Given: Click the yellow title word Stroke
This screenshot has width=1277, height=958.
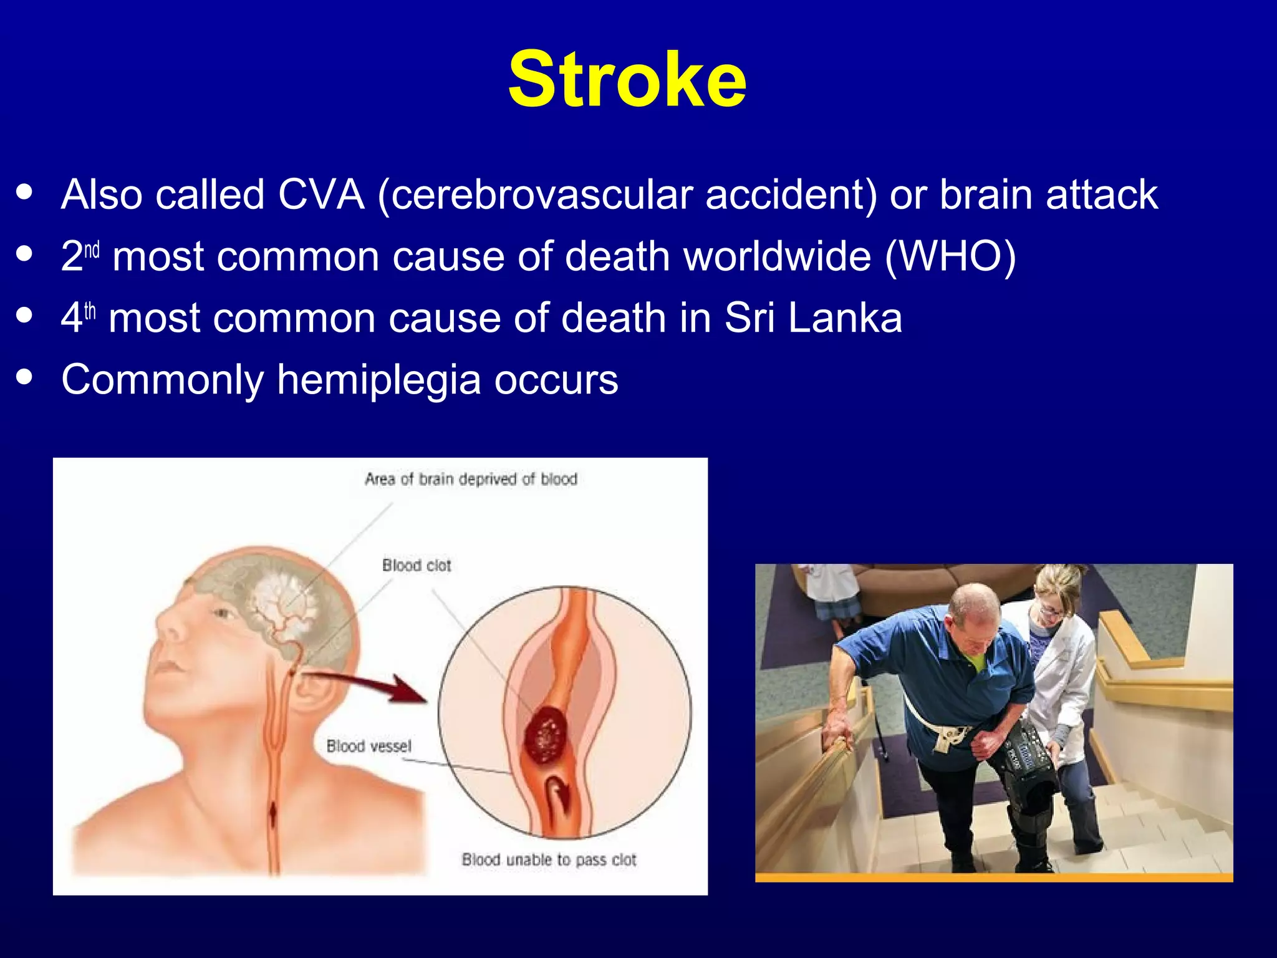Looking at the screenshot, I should click(627, 80).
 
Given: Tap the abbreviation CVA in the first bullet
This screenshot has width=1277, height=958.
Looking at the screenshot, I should click(320, 195).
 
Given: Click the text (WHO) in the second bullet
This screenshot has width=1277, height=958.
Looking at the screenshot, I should click(950, 256).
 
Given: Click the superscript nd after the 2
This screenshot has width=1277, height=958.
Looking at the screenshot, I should click(92, 250).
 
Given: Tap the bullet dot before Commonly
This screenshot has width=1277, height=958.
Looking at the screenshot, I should click(25, 377).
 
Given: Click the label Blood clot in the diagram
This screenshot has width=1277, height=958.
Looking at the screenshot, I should click(417, 565).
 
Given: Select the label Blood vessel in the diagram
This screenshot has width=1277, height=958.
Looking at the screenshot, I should click(369, 746).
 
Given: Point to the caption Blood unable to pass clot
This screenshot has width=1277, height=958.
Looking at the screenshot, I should click(549, 859).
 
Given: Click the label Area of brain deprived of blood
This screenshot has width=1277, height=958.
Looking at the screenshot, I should click(471, 479).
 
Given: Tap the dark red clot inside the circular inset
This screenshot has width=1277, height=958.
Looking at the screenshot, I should click(546, 735).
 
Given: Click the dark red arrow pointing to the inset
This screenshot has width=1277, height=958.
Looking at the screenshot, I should click(374, 685).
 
